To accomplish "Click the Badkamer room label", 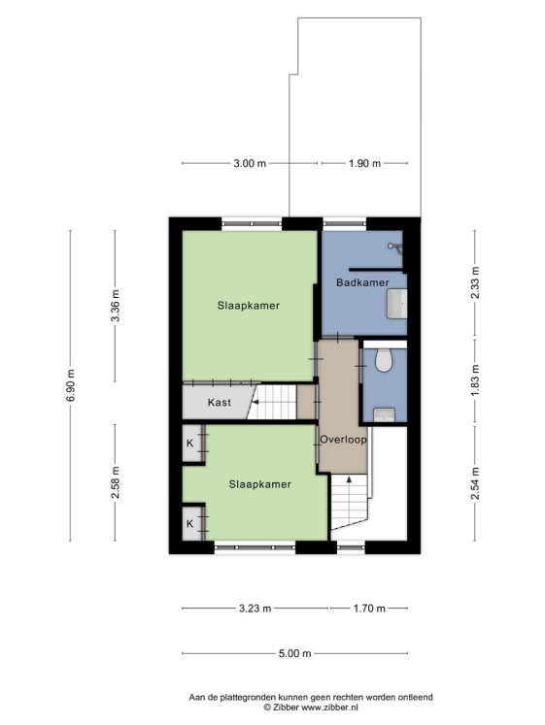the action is tap(362, 282).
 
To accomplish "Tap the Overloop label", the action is tap(343, 440).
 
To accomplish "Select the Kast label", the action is tap(220, 402).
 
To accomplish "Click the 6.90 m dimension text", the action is tap(70, 385).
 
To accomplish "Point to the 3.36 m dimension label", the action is tap(116, 306).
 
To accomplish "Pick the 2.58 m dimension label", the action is tap(116, 482).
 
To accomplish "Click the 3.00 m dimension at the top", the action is tap(250, 163).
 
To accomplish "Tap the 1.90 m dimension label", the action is tap(364, 163).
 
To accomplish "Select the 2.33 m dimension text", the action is tap(475, 283).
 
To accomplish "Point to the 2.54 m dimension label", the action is tap(475, 483).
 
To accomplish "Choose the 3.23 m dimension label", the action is tap(255, 609).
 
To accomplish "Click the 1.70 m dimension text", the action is tap(369, 609).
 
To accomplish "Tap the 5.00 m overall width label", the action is tap(294, 654).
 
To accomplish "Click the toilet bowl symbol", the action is tap(384, 360).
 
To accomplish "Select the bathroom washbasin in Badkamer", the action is tap(397, 304).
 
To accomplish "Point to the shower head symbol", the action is tap(395, 247).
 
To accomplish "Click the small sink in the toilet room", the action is tap(384, 414).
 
